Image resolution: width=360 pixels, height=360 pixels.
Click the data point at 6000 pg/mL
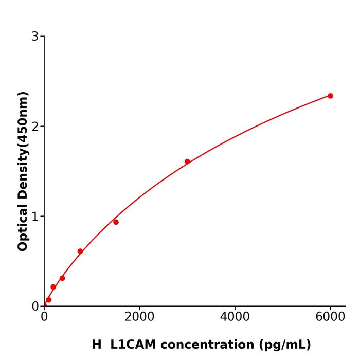(330, 96)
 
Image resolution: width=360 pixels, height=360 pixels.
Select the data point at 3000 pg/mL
(187, 161)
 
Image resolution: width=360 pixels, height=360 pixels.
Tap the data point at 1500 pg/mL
(116, 222)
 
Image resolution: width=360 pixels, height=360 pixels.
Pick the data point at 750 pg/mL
(80, 251)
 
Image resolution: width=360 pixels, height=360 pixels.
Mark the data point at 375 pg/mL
(62, 278)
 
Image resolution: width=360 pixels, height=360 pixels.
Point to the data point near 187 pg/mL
(53, 287)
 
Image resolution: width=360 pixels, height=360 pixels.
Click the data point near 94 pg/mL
(49, 300)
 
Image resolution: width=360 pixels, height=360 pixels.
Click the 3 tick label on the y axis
(35, 37)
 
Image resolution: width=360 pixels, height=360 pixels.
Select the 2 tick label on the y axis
(35, 127)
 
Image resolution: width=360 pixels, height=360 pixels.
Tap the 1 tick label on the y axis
(35, 217)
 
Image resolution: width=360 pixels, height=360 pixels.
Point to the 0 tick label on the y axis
(35, 307)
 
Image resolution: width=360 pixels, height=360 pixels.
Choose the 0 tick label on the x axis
(44, 317)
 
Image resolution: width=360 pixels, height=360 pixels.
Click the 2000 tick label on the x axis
(139, 317)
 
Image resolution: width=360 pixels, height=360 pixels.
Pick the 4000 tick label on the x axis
(235, 317)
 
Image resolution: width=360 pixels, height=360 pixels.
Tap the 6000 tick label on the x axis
(330, 317)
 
